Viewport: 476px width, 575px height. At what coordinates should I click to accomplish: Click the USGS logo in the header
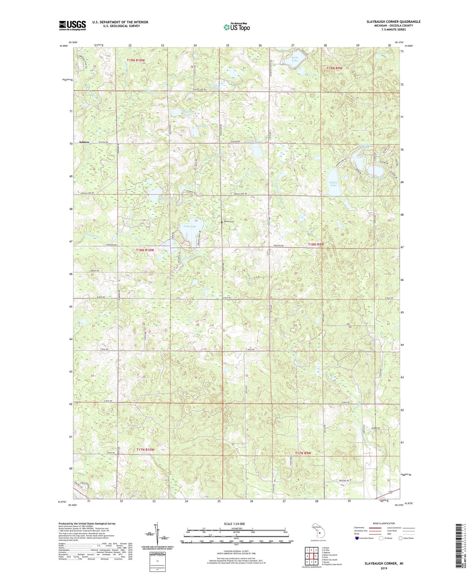click(x=72, y=25)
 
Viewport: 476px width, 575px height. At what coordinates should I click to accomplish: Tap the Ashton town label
click(x=84, y=142)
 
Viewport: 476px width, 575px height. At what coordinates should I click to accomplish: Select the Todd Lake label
click(x=190, y=226)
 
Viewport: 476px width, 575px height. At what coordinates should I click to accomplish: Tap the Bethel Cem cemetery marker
click(x=222, y=222)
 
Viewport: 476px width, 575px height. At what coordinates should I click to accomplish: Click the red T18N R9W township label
click(x=316, y=244)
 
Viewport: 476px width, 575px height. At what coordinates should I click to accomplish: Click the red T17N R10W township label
click(x=145, y=450)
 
